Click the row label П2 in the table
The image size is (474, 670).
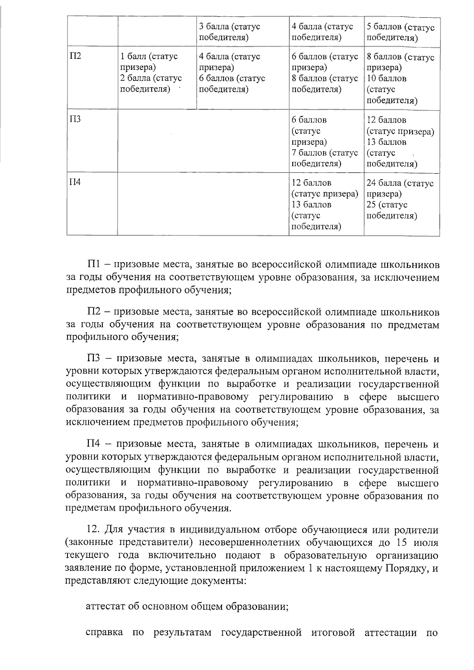click(75, 56)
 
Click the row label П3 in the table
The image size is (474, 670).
click(75, 119)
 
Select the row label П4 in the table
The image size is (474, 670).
click(75, 182)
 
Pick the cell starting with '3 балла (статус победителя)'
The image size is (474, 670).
click(229, 32)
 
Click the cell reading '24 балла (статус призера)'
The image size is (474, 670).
click(400, 189)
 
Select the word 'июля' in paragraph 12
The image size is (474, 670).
click(427, 542)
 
